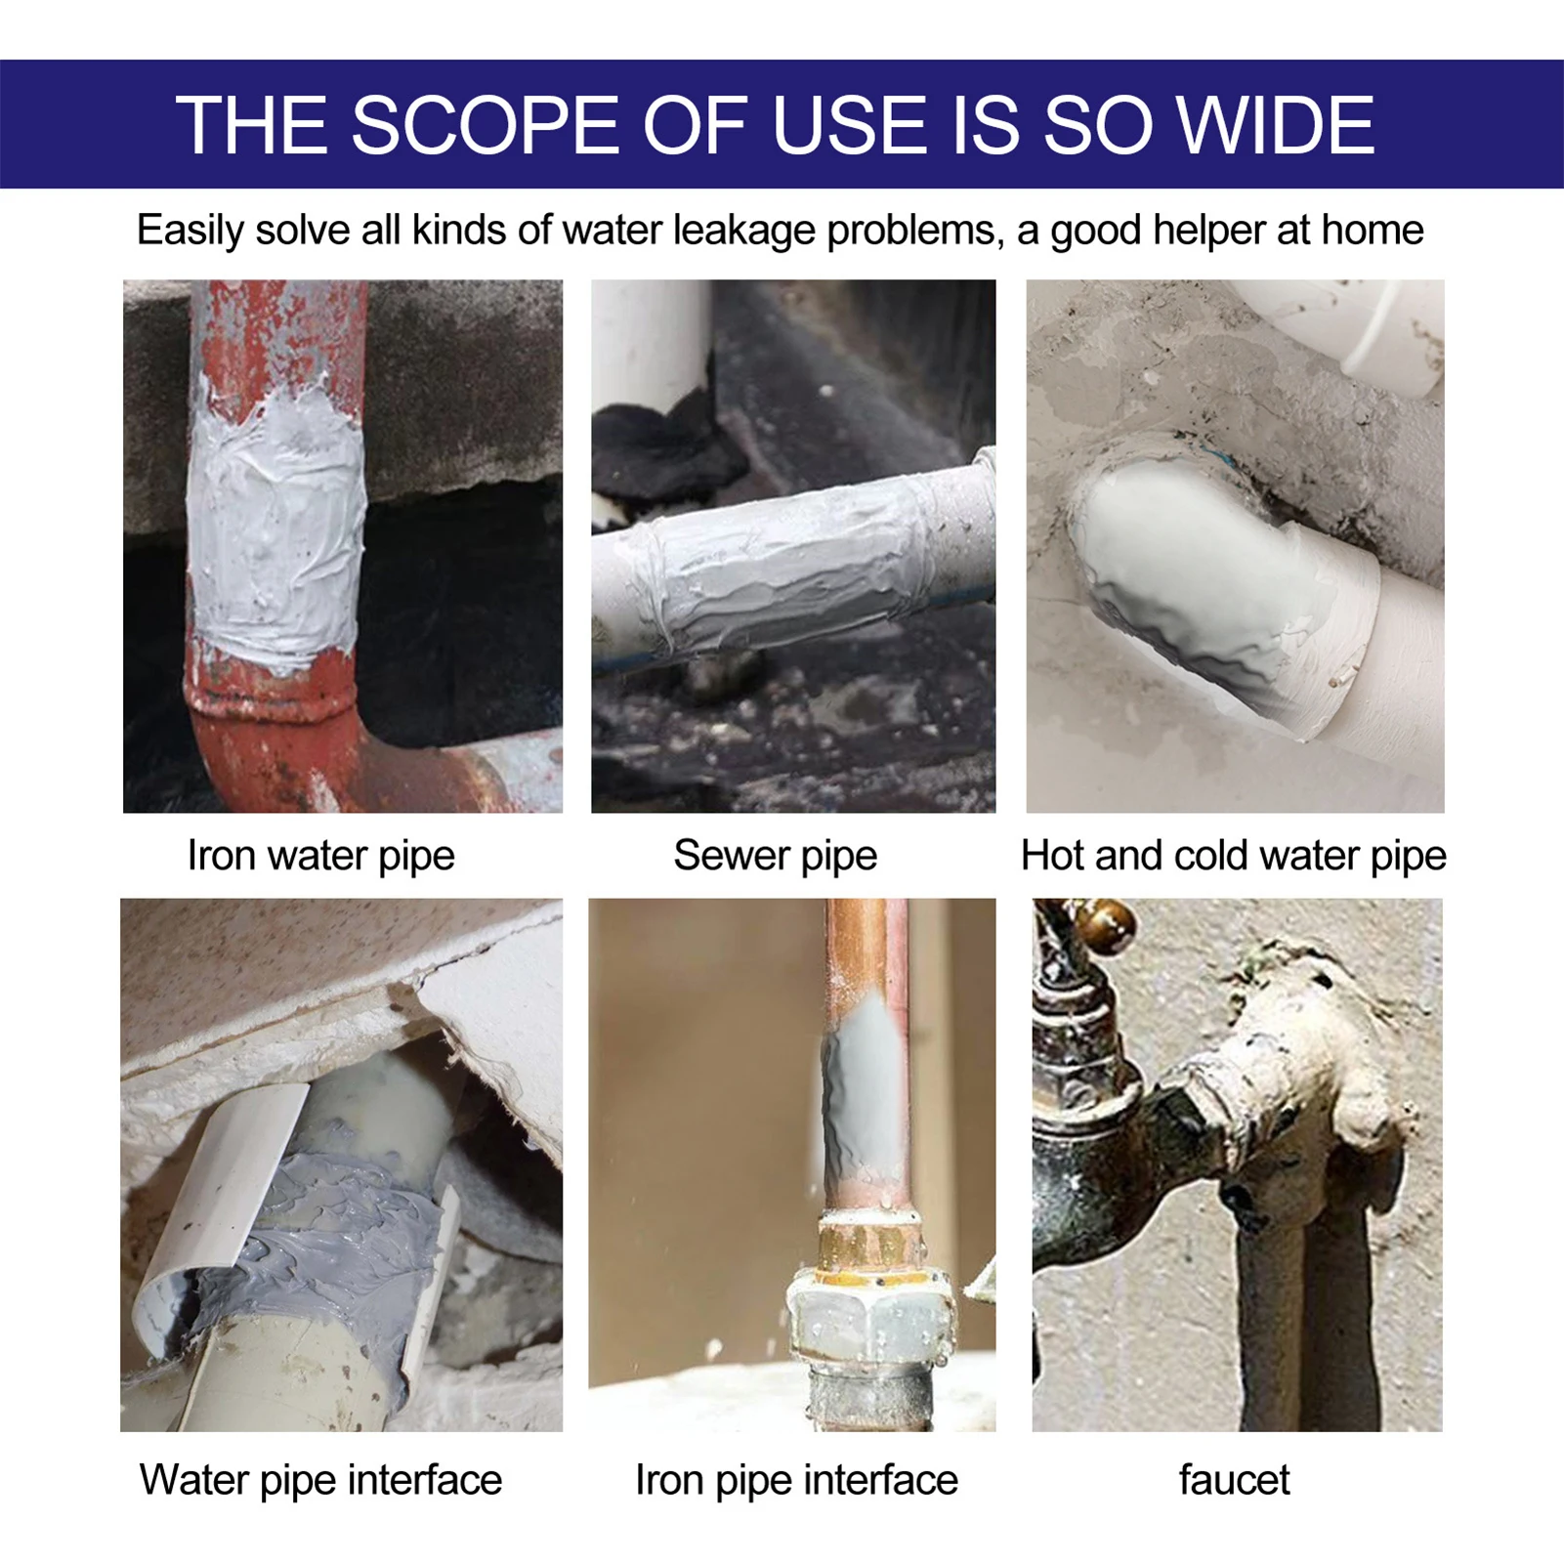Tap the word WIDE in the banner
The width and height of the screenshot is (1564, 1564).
coord(1275,125)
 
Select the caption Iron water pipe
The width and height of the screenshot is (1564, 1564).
coord(320,856)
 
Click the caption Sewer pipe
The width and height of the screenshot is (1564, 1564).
coord(775,856)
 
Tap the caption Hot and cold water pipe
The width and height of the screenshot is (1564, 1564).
coord(1233,856)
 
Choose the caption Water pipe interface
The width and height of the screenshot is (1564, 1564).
coord(320,1480)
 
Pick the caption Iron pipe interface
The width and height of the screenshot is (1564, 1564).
coord(796,1480)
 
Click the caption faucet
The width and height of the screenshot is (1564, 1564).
coord(1234,1480)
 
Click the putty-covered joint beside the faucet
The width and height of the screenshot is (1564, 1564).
coord(1299,1094)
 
